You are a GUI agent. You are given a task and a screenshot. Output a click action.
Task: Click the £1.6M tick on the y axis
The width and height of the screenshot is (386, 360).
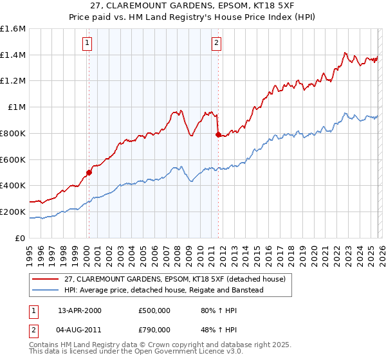[13, 29]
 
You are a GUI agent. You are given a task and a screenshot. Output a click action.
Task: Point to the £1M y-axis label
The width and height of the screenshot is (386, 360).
[16, 107]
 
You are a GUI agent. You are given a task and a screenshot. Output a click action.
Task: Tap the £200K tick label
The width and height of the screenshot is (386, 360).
[13, 212]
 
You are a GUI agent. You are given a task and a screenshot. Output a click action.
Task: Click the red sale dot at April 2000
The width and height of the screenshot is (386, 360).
[89, 172]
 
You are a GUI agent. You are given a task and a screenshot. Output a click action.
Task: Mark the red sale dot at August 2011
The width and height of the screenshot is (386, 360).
[218, 134]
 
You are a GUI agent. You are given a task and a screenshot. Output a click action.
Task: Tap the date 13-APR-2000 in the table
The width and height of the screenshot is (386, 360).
[80, 310]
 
